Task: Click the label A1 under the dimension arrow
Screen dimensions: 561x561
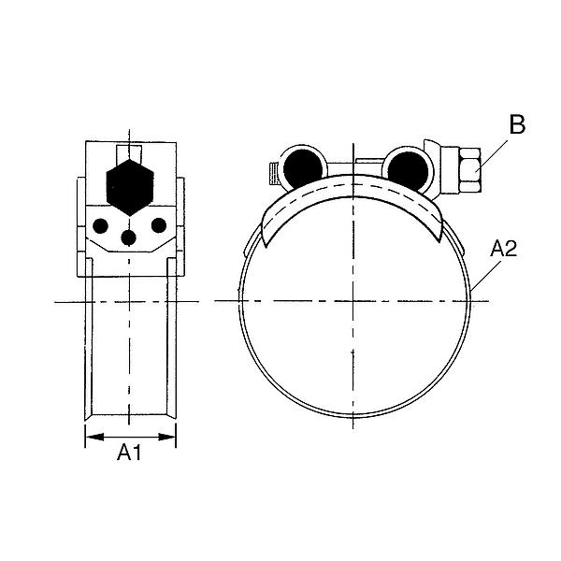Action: click(x=129, y=453)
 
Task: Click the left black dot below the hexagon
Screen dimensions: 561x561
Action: click(x=101, y=225)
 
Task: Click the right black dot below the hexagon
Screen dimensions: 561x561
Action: click(x=158, y=225)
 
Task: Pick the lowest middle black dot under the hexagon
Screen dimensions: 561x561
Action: click(x=129, y=238)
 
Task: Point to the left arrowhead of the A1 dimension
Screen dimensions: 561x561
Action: click(x=89, y=435)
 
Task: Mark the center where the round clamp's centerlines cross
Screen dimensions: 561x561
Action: click(x=354, y=300)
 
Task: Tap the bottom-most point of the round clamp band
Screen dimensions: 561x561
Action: click(x=354, y=415)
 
